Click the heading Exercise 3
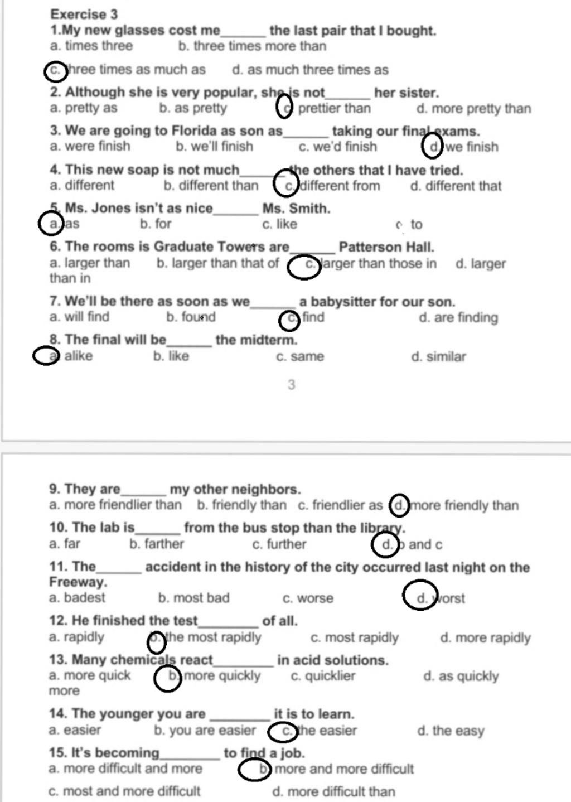(84, 14)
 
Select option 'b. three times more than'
(252, 46)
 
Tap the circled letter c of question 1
(55, 70)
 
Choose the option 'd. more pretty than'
(473, 109)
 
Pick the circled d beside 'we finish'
(433, 147)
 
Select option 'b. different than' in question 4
(211, 186)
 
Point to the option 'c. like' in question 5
(279, 224)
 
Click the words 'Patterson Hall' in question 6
(386, 247)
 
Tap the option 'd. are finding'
(458, 318)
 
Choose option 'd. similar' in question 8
(438, 357)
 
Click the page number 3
(291, 385)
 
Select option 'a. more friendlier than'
(115, 505)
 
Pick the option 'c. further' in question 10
(279, 544)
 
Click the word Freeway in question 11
(77, 582)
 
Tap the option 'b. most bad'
(193, 598)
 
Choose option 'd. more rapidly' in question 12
(485, 637)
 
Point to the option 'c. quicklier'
(323, 676)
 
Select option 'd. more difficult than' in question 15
(333, 791)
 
